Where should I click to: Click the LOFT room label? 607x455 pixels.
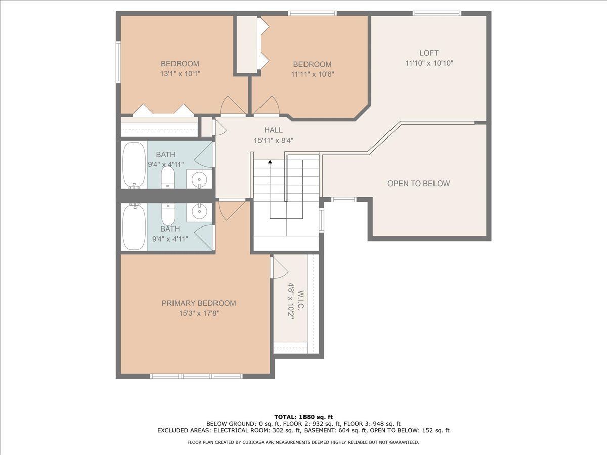tap(429, 53)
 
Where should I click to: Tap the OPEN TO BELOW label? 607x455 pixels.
tap(418, 184)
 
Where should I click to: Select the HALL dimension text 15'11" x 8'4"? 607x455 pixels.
tap(274, 141)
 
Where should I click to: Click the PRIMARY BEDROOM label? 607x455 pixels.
tap(199, 303)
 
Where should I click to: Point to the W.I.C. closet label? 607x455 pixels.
tap(301, 300)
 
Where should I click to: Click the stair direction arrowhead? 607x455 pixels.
tap(270, 162)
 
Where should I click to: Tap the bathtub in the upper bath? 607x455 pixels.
tap(134, 165)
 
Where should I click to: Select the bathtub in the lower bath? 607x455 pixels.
tap(134, 226)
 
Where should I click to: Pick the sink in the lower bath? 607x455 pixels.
tap(199, 212)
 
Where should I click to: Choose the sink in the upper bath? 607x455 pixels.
tap(199, 179)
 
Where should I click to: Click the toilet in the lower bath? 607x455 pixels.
tap(168, 214)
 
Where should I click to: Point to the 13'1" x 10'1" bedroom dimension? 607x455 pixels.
tap(180, 74)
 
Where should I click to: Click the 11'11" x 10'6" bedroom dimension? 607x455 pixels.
tap(313, 74)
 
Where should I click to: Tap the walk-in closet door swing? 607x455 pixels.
tap(280, 268)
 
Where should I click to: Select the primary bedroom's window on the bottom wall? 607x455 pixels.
tap(196, 376)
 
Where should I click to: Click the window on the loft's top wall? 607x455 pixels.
tap(437, 13)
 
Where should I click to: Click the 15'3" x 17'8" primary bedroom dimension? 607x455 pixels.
tap(199, 313)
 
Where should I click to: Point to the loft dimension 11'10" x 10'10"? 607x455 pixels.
tap(429, 63)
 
